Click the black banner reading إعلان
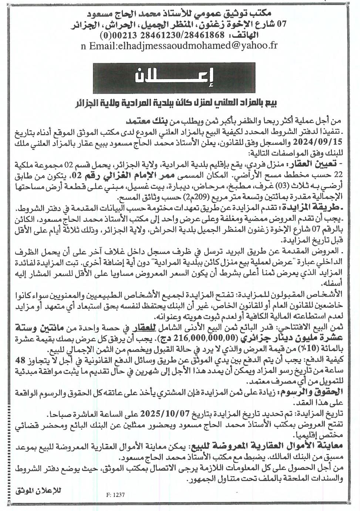tap(179, 77)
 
